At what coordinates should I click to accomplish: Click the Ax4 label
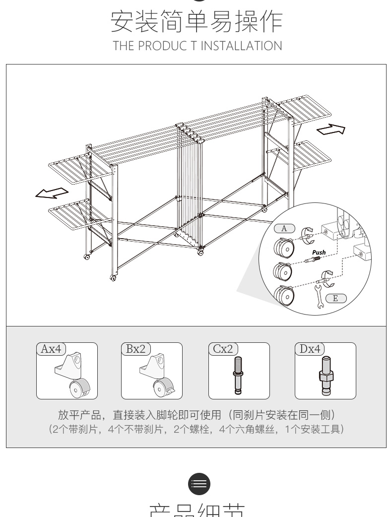(x=51, y=349)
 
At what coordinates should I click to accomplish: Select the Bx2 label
(x=136, y=349)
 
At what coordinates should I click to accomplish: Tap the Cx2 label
(x=223, y=349)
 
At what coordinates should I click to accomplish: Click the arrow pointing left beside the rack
(x=52, y=193)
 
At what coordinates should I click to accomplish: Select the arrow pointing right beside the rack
(x=330, y=129)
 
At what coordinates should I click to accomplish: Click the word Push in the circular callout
(x=319, y=253)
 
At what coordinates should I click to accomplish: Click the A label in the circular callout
(x=284, y=229)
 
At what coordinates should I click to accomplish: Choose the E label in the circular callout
(x=335, y=298)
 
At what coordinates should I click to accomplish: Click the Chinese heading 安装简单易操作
(x=196, y=21)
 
